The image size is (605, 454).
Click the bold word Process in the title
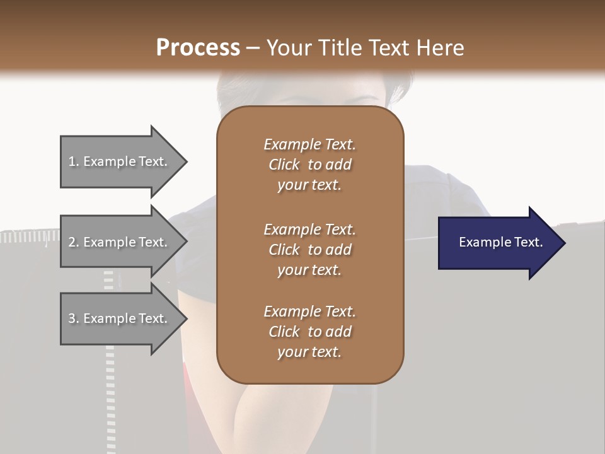(x=198, y=47)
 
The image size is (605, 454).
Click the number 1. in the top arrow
(x=74, y=161)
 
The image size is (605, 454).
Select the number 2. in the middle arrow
(x=74, y=242)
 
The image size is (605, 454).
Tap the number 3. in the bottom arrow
(x=74, y=318)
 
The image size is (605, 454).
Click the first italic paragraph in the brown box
(x=309, y=165)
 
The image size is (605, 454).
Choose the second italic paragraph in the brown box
(x=309, y=249)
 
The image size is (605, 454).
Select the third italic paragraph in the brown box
(x=309, y=332)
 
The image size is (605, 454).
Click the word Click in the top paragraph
(x=284, y=165)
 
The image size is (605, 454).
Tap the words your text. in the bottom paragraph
(x=309, y=352)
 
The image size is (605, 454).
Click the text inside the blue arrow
(x=501, y=242)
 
